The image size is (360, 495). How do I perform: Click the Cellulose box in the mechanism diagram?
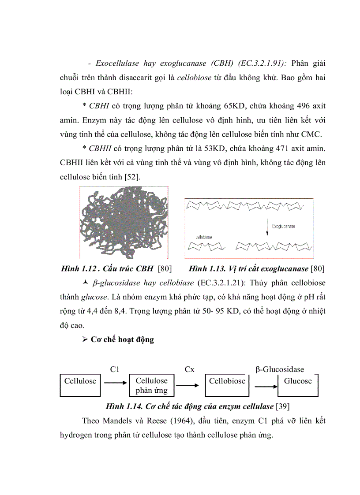click(80, 382)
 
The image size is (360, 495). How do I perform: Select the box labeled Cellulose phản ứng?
click(151, 386)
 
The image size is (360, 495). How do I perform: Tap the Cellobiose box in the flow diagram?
click(227, 382)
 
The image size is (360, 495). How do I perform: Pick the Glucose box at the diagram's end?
click(297, 382)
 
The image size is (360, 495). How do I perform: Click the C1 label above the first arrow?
click(115, 370)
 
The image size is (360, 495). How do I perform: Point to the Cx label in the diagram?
click(189, 370)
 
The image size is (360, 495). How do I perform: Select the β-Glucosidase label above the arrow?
click(280, 370)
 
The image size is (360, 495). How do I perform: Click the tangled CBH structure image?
click(123, 222)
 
